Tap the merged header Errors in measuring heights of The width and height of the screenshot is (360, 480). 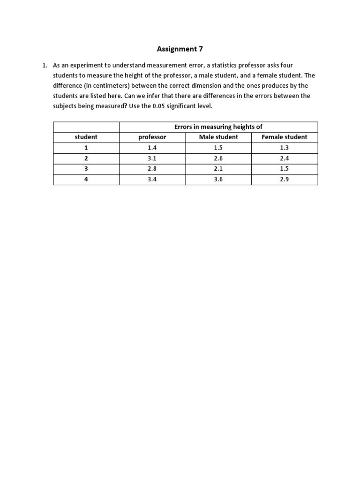(218, 127)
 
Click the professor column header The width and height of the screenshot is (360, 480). (152, 137)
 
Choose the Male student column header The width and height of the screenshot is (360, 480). (218, 137)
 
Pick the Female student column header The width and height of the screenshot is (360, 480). (285, 137)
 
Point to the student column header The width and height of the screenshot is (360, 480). (86, 137)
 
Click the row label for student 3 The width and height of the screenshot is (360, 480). (86, 169)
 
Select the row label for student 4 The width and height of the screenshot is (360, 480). (86, 179)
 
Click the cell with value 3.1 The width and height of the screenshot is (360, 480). (152, 158)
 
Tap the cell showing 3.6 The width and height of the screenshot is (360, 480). (218, 179)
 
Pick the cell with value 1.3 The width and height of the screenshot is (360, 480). (285, 148)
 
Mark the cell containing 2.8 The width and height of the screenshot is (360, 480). (152, 169)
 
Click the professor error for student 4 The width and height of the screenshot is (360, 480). (152, 179)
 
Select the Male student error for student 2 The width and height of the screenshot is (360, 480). (218, 158)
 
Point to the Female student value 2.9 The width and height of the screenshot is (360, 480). (285, 179)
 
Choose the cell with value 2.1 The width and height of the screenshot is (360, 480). (218, 169)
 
